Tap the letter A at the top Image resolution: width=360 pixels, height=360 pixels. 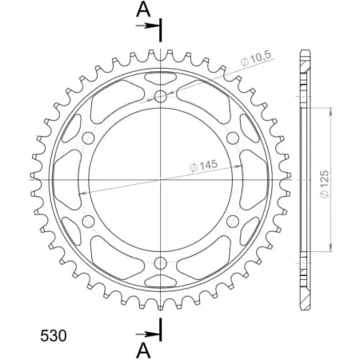pyautogui.click(x=142, y=9)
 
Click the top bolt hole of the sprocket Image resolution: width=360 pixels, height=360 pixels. pyautogui.click(x=161, y=96)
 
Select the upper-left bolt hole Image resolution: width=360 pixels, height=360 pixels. pyautogui.click(x=89, y=138)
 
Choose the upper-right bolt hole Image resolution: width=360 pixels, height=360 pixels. pyautogui.click(x=232, y=138)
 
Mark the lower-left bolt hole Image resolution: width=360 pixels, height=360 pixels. pyautogui.click(x=89, y=220)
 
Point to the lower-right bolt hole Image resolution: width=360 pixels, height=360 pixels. pyautogui.click(x=232, y=220)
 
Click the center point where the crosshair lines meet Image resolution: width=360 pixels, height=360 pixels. pyautogui.click(x=161, y=179)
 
